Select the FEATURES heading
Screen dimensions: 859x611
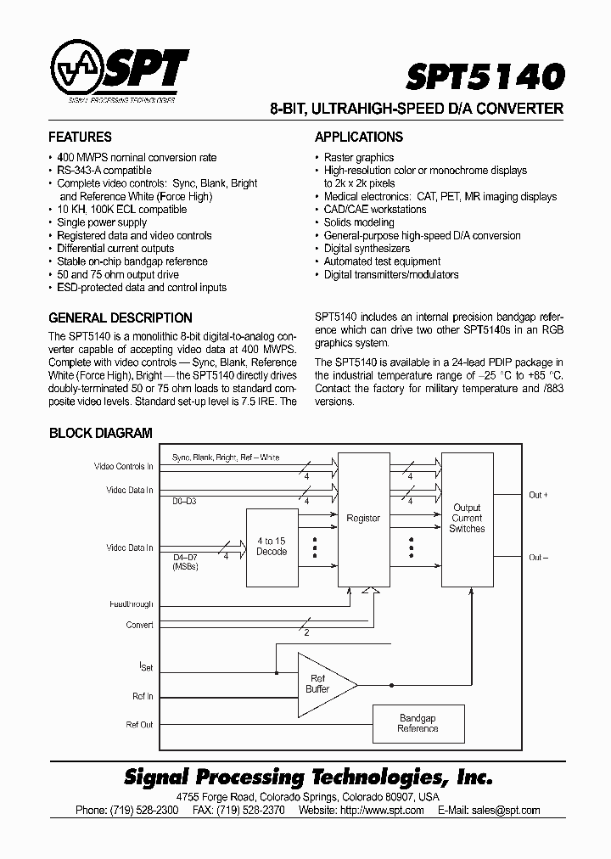(x=80, y=137)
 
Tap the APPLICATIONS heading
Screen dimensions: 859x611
(x=359, y=137)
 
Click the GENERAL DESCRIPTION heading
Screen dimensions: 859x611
(x=121, y=317)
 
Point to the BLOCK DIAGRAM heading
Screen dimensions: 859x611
(x=100, y=432)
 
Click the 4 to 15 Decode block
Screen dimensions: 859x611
(x=272, y=547)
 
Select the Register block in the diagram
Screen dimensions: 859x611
(x=363, y=519)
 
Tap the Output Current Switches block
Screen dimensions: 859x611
(x=467, y=519)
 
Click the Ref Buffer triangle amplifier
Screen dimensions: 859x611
(x=322, y=683)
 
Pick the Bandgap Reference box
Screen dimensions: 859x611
(x=418, y=723)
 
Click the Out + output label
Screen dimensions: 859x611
(x=539, y=495)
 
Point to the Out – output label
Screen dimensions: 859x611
(x=539, y=558)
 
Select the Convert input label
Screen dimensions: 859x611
(x=139, y=625)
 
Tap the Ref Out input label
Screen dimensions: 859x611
(x=139, y=724)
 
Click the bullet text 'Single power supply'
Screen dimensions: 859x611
(x=102, y=222)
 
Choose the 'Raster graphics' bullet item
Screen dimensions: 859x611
(x=359, y=157)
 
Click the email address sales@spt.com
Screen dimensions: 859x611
(x=506, y=810)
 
